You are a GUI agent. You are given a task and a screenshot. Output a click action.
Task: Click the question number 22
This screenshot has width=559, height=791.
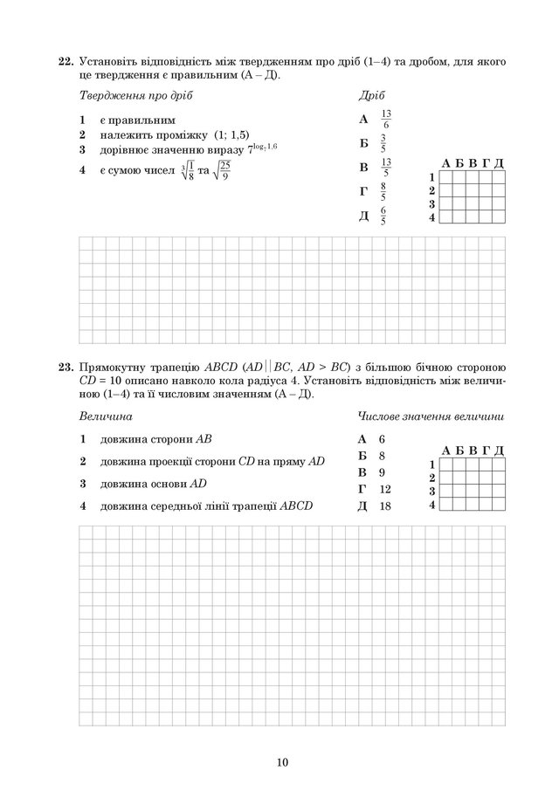(66, 62)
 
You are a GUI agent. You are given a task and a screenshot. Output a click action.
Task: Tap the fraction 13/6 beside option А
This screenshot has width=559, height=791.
(386, 119)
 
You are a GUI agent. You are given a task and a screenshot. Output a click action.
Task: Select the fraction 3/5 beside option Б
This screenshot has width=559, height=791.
(383, 143)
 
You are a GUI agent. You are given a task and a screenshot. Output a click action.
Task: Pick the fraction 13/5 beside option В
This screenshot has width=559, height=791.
(386, 167)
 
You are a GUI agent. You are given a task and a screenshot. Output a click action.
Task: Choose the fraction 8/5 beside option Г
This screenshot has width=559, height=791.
(383, 191)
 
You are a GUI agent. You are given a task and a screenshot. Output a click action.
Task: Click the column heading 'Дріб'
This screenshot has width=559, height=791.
(371, 95)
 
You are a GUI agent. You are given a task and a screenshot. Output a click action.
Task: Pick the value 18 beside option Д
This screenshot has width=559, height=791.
(385, 506)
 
